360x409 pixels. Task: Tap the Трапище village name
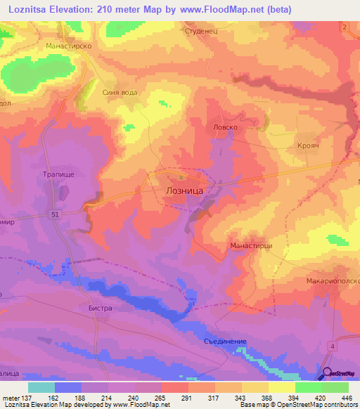pos(54,173)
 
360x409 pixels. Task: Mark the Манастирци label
pos(251,246)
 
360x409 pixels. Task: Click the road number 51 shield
pos(53,213)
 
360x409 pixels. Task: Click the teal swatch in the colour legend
pos(41,387)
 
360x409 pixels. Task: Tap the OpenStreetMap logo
pos(340,375)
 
